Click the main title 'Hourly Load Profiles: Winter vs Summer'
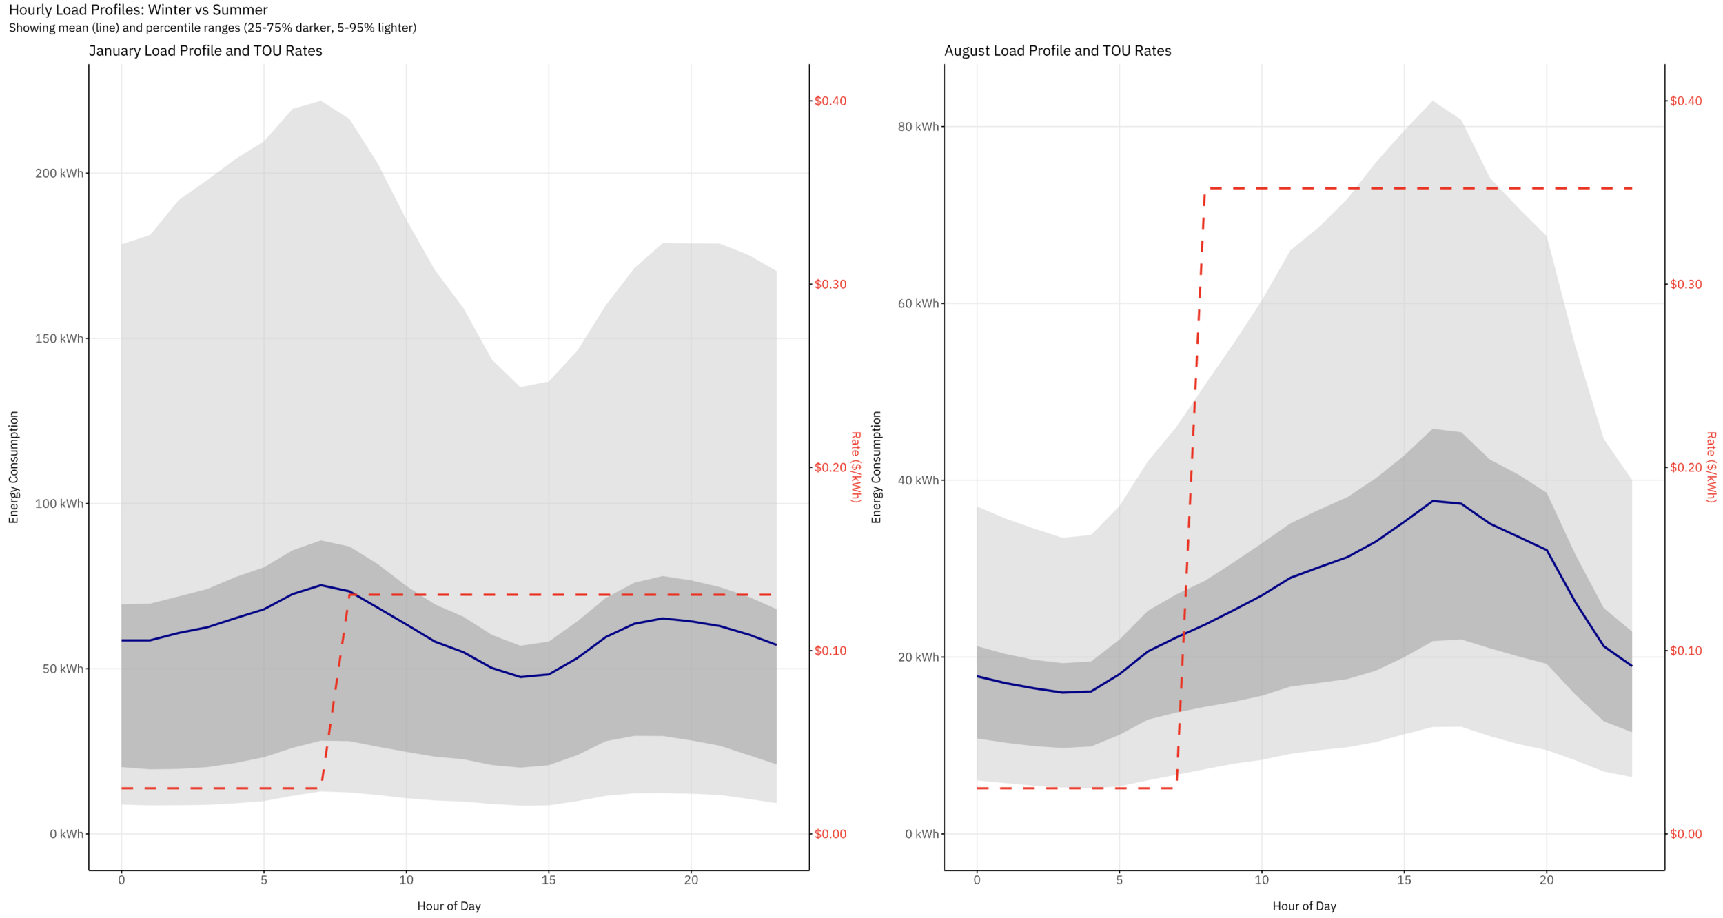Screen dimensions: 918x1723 pos(138,10)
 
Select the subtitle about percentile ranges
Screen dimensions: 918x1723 pos(212,28)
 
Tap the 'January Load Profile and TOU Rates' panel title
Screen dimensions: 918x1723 pos(205,51)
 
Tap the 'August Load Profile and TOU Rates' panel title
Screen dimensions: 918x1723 pos(1057,51)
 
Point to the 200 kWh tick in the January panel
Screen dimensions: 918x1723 pos(59,173)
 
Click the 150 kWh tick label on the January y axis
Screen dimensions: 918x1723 pos(59,338)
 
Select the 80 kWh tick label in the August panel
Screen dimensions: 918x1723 pos(918,127)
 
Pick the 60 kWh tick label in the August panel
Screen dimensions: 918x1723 pos(918,303)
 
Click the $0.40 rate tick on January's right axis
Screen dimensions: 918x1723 pos(830,101)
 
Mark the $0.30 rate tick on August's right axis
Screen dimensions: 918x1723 pos(1685,285)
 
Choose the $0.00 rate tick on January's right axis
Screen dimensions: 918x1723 pos(830,834)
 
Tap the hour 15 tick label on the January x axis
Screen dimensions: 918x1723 pos(549,880)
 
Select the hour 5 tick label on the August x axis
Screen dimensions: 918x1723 pos(1119,880)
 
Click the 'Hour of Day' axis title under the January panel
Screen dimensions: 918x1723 pos(449,906)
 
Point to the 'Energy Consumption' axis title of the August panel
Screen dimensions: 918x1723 pos(876,467)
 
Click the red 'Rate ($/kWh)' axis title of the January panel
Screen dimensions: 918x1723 pos(856,467)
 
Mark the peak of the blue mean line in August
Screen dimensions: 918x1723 pos(1433,501)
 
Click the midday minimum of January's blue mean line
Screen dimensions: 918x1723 pos(520,677)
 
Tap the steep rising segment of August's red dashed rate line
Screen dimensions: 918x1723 pos(1191,482)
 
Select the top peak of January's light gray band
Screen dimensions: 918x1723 pos(321,101)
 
